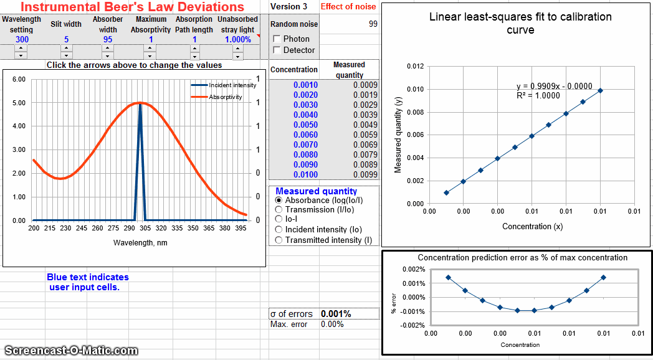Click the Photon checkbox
tap(277, 39)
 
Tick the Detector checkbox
tap(277, 50)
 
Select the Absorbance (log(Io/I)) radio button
tap(279, 201)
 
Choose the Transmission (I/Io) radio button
tap(279, 210)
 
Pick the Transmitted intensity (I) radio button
tap(279, 240)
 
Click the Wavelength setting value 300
tap(22, 39)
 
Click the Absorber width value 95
tap(108, 39)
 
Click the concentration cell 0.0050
tap(305, 125)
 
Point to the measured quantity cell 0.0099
tap(365, 174)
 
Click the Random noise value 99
tap(373, 24)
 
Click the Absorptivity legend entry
tap(225, 97)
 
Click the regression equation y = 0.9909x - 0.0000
tap(552, 86)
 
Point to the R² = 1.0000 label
tap(538, 96)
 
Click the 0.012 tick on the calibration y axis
tap(415, 66)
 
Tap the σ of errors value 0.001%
tap(336, 314)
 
